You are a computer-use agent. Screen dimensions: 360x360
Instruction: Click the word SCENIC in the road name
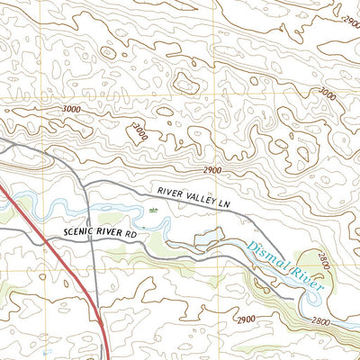coord(80,232)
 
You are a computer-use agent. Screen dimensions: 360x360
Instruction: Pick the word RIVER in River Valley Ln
coord(170,193)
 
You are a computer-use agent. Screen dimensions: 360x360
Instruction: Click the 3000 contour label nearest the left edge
coord(73,109)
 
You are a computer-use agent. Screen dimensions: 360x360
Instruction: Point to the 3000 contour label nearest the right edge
coord(326,94)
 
